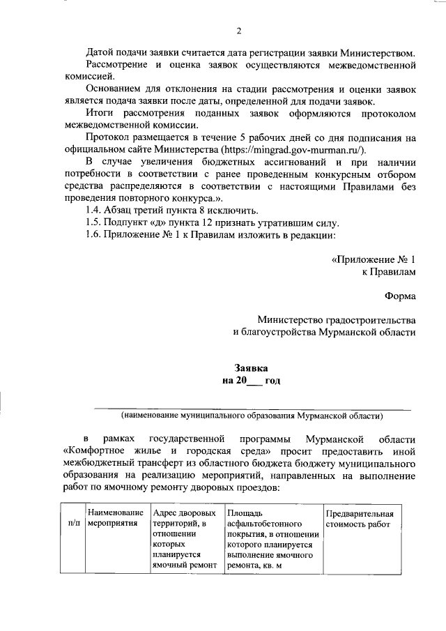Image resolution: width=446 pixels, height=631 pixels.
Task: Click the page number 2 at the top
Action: (238, 31)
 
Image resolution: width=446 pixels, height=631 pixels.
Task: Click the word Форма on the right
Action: (399, 296)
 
